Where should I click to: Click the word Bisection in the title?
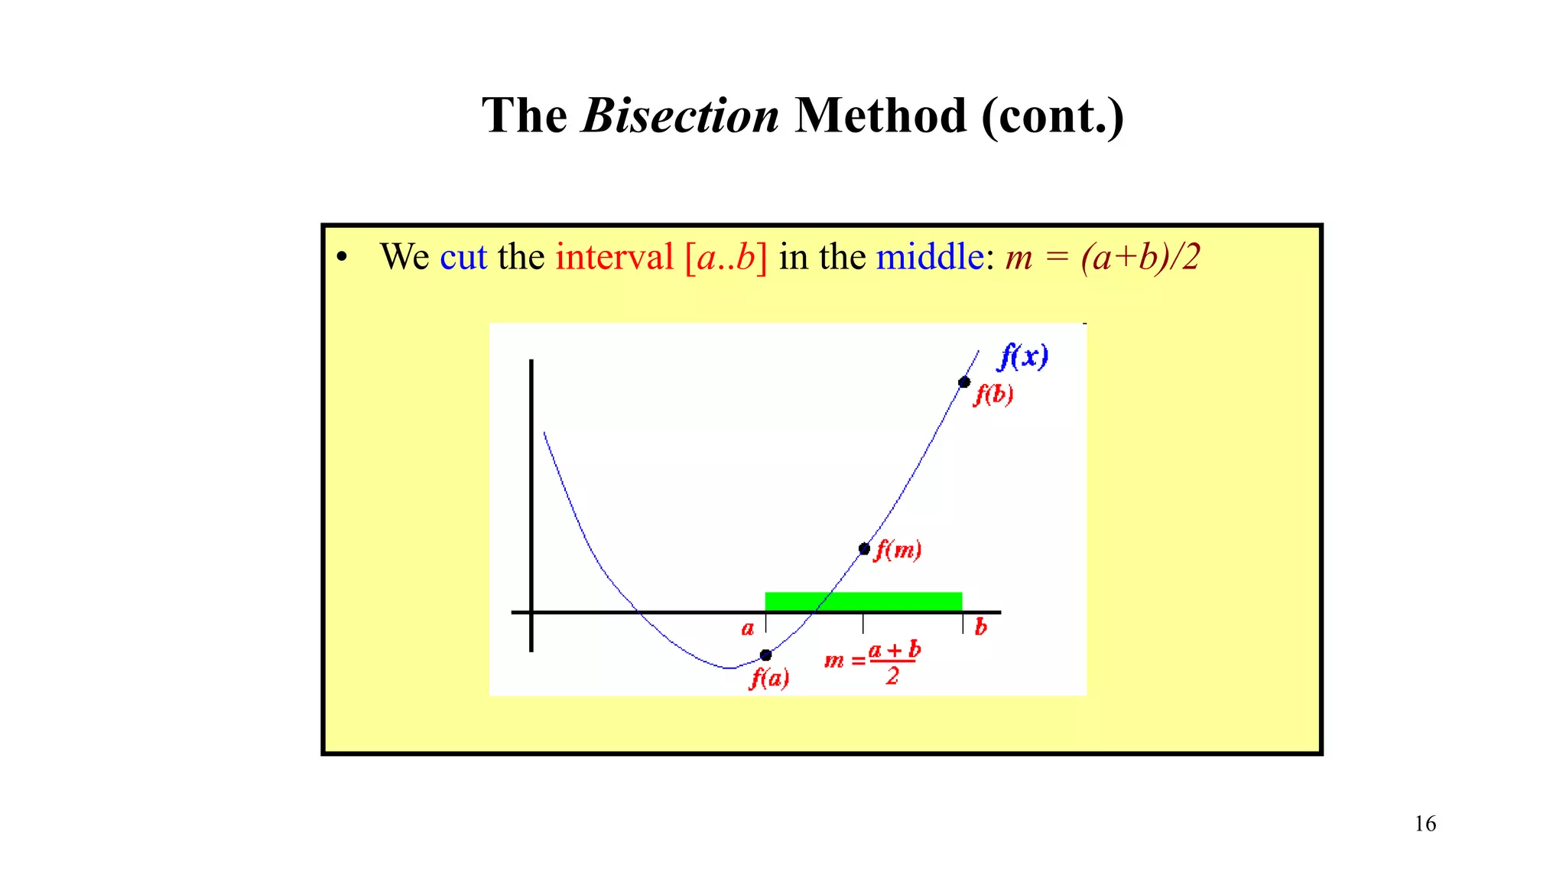point(680,116)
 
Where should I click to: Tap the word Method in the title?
point(880,116)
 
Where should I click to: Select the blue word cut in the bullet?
point(463,257)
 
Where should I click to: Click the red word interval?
point(614,257)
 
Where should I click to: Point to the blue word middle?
point(929,257)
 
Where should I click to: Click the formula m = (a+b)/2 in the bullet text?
point(1102,258)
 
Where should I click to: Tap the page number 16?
point(1425,824)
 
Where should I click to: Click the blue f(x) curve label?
point(1024,356)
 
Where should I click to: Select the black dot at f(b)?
point(964,382)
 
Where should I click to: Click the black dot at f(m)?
point(864,548)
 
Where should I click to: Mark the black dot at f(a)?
point(765,655)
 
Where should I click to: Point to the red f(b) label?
point(993,395)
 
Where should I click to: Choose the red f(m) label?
point(898,549)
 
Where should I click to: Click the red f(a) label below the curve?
point(769,678)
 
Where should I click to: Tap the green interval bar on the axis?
point(863,601)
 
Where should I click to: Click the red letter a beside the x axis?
point(748,629)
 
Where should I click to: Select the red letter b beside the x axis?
point(981,627)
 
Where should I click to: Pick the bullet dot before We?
point(342,258)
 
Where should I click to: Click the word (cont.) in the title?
point(1052,116)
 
